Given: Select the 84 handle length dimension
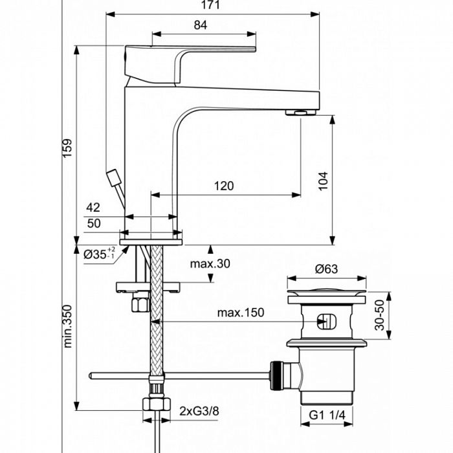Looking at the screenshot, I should pos(201,25).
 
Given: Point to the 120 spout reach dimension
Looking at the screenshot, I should pos(223,186).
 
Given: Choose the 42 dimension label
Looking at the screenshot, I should pos(93,208).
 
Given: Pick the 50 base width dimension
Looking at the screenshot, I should pos(93,224).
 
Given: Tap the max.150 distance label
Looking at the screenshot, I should pos(241,313).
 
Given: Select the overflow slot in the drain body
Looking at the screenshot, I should pos(327,321).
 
